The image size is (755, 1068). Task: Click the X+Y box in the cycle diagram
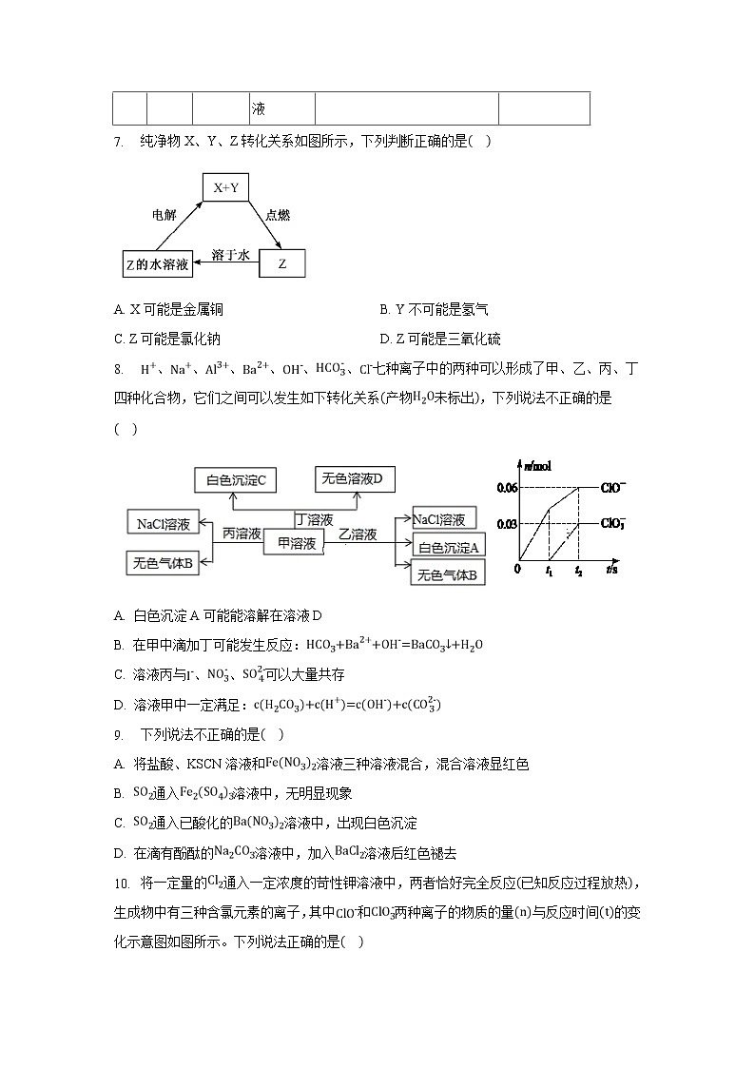[225, 188]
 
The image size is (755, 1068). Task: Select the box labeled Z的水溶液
[158, 263]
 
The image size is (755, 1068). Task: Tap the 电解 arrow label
[165, 215]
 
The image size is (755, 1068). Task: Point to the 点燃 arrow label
[278, 215]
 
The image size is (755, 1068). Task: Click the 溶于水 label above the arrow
[229, 255]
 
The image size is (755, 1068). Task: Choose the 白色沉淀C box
[235, 481]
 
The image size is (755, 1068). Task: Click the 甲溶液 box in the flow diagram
[296, 543]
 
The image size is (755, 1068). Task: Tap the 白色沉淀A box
[449, 546]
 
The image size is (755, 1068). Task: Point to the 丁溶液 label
[315, 519]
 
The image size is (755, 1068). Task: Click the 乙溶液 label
[358, 534]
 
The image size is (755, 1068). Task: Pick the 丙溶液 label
[242, 534]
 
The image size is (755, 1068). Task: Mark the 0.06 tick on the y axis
[507, 488]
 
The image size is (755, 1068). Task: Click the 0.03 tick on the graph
[507, 522]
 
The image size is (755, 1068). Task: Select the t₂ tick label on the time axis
[578, 571]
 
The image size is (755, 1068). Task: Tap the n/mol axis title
[537, 465]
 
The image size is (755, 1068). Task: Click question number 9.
[118, 734]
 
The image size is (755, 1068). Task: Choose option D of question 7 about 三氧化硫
[439, 339]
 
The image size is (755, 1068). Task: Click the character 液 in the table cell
[258, 109]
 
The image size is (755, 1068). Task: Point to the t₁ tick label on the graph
[549, 571]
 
